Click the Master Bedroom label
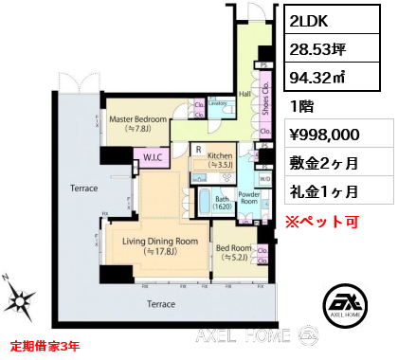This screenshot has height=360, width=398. pyautogui.click(x=137, y=123)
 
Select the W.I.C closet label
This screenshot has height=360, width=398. pyautogui.click(x=153, y=157)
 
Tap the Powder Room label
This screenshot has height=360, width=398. pyautogui.click(x=248, y=196)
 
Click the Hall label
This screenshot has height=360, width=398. pyautogui.click(x=244, y=94)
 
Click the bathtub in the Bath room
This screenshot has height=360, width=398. pyautogui.click(x=203, y=202)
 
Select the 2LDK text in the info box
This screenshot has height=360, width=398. pyautogui.click(x=314, y=20)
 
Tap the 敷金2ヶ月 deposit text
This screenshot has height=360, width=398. pyautogui.click(x=322, y=164)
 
